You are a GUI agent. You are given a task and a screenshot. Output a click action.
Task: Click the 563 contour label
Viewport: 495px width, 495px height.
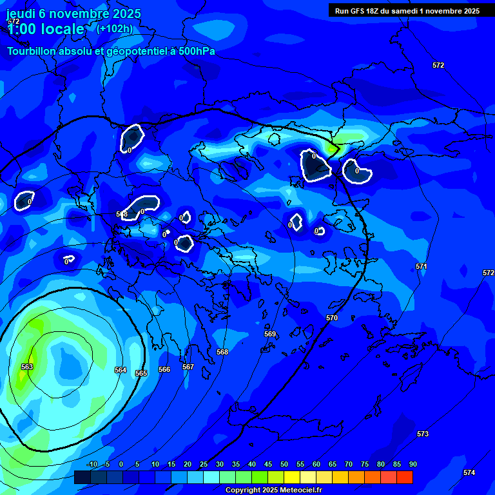point(27,367)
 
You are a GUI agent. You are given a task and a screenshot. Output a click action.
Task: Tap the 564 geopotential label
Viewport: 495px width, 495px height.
point(121,370)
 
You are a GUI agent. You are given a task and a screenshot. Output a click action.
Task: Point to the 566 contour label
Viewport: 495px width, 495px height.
point(164,369)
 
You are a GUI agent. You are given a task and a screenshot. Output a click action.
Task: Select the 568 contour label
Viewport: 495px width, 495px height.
point(222,352)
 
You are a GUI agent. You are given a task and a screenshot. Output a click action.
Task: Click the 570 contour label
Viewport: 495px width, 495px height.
point(332,318)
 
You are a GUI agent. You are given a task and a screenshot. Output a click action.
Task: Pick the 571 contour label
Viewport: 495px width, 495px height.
point(422,266)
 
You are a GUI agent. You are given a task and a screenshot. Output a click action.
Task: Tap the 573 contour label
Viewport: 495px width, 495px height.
point(423,434)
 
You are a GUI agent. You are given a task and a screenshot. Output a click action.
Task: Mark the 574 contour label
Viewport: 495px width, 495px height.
point(469,472)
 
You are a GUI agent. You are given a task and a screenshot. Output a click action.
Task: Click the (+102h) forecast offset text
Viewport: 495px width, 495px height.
point(115,28)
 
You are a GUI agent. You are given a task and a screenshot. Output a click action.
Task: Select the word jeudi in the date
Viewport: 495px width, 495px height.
point(21,14)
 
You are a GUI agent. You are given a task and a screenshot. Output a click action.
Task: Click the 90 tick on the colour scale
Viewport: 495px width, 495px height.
point(412,464)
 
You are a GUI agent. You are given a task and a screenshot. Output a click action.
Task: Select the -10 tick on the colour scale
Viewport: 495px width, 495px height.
point(92,464)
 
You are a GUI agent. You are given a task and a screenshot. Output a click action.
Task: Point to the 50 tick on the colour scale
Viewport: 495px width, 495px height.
point(284,464)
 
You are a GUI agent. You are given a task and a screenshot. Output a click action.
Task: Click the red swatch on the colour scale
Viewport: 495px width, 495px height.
point(405,477)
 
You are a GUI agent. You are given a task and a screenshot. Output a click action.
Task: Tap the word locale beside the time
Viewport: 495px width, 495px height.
point(63,29)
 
